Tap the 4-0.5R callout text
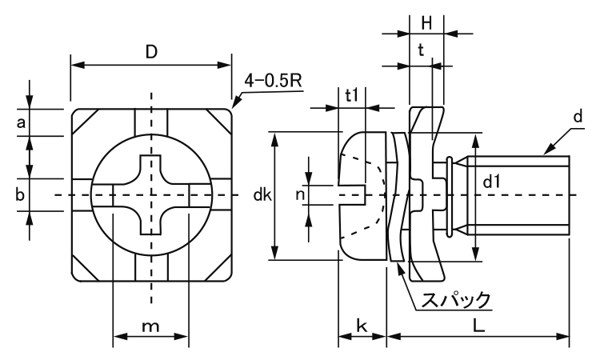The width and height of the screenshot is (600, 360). (271, 80)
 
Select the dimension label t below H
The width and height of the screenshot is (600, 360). (421, 50)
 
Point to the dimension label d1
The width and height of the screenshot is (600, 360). (494, 183)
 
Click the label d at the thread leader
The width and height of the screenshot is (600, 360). (577, 118)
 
